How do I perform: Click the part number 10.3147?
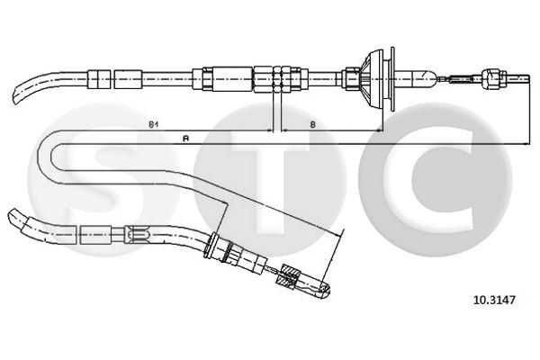click(x=495, y=300)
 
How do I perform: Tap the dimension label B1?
click(x=153, y=124)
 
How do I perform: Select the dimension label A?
click(x=186, y=139)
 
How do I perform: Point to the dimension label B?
click(x=312, y=124)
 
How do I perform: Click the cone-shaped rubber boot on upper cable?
click(x=371, y=79)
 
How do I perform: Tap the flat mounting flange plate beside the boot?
click(x=392, y=79)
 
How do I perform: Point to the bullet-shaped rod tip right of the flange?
click(x=424, y=79)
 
